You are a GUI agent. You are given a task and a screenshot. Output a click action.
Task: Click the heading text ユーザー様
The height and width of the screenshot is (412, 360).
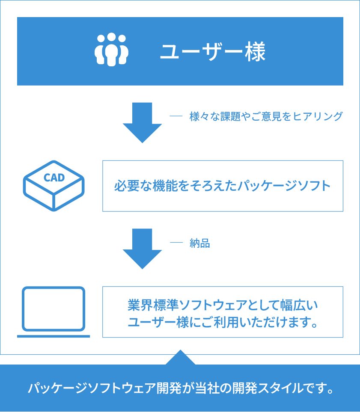click(213, 51)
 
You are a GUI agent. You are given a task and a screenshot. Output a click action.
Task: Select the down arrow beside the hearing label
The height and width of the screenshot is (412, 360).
click(142, 122)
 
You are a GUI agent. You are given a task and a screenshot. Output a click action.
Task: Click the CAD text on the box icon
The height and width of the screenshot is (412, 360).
click(54, 178)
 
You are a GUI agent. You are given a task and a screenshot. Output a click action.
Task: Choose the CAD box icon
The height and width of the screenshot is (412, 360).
click(54, 186)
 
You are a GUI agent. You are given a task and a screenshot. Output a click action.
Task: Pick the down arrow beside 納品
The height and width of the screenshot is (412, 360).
click(142, 248)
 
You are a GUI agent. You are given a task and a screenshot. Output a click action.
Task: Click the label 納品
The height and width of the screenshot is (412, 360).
click(199, 243)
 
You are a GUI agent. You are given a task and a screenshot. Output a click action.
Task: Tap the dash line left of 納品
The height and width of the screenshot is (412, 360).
click(176, 243)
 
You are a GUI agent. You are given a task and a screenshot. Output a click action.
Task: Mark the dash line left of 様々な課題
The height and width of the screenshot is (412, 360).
click(176, 116)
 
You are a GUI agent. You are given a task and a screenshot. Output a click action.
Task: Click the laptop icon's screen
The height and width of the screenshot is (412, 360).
click(54, 308)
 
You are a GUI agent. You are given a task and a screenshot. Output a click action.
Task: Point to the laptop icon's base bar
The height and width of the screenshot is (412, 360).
click(54, 336)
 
